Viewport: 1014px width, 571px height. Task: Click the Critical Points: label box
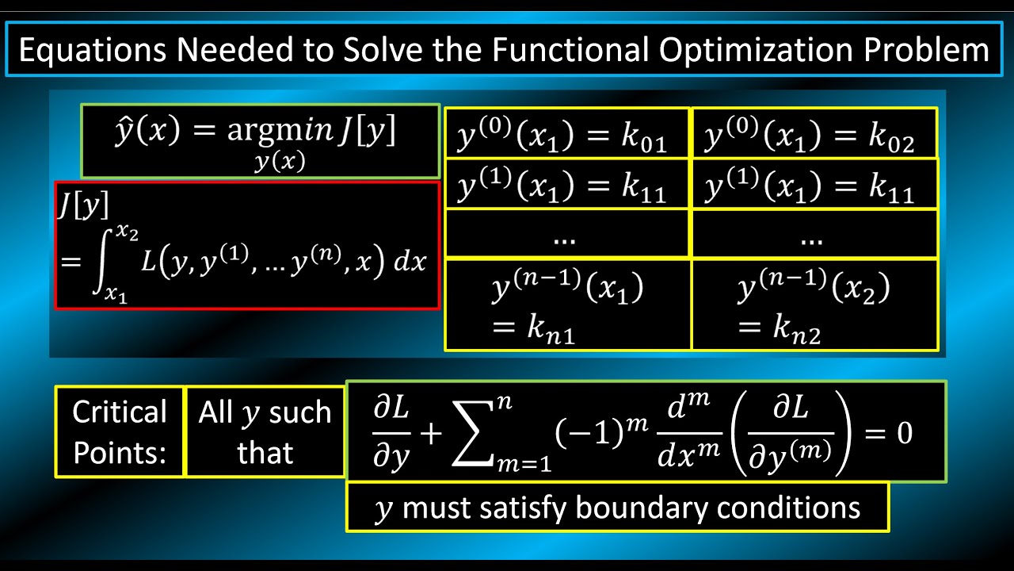pos(120,432)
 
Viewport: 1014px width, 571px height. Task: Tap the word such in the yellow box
pos(300,413)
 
